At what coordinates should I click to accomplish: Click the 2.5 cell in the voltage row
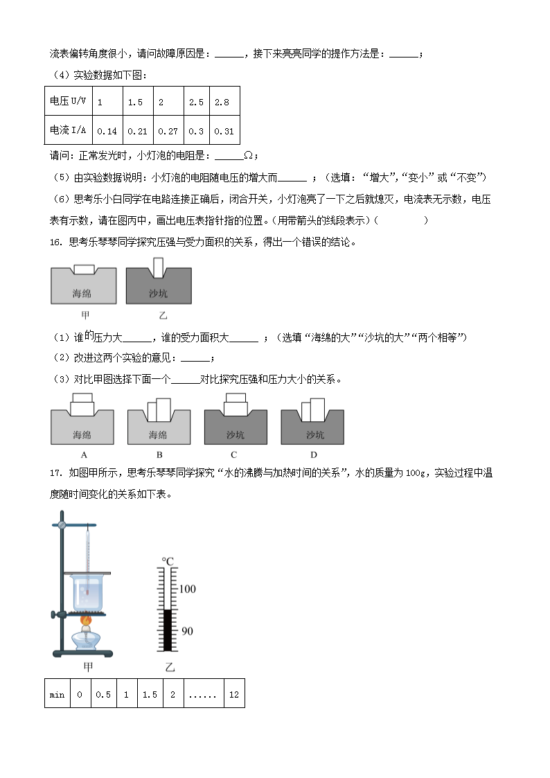tap(196, 102)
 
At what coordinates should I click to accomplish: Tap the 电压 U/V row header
tap(69, 101)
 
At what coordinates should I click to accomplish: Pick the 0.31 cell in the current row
tap(224, 130)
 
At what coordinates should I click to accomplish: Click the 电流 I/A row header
tap(69, 130)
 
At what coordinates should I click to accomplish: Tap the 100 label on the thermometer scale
tap(187, 589)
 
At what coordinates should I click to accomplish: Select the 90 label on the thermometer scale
tap(187, 631)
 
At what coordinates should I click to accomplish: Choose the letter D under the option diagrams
tap(314, 455)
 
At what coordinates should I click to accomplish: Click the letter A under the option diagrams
tap(84, 455)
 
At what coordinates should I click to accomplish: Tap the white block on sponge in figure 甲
tap(84, 268)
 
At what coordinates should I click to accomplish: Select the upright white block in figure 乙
tap(159, 267)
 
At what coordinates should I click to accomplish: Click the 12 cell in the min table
tap(233, 694)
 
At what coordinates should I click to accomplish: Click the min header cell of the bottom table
tap(57, 694)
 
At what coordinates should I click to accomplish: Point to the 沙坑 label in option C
tap(236, 435)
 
